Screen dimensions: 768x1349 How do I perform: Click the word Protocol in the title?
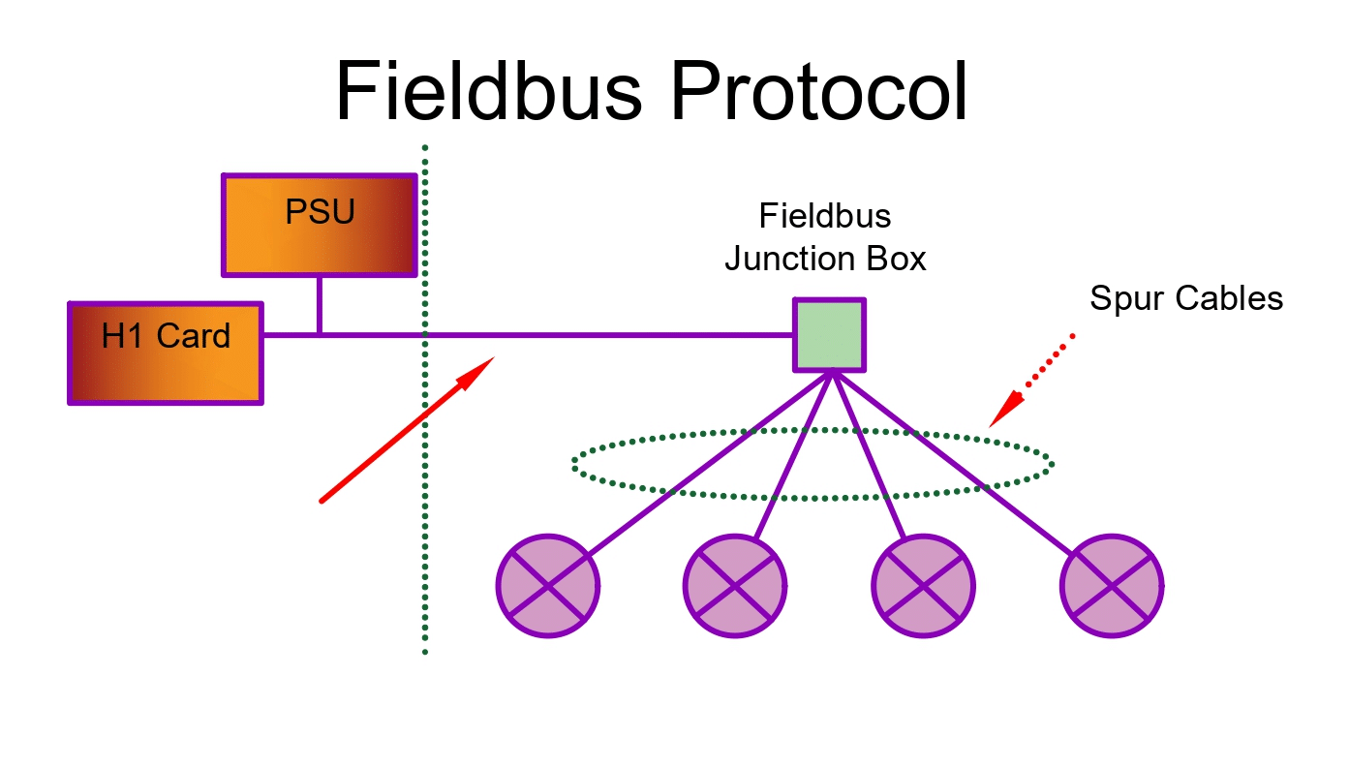click(x=817, y=91)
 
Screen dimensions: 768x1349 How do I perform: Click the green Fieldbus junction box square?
click(x=830, y=335)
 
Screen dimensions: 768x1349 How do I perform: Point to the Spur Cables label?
click(x=1185, y=298)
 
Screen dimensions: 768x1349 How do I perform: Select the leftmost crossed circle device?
click(x=548, y=586)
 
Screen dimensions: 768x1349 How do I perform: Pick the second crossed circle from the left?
click(x=735, y=586)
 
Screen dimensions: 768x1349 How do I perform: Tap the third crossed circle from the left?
click(x=923, y=586)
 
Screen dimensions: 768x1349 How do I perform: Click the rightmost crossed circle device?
click(x=1112, y=586)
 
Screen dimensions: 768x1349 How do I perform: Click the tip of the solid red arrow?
click(x=492, y=359)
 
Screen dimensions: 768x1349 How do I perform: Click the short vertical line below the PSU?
click(x=319, y=306)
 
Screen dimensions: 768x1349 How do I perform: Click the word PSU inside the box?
click(x=320, y=212)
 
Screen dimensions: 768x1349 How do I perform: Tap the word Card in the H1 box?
click(x=195, y=337)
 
